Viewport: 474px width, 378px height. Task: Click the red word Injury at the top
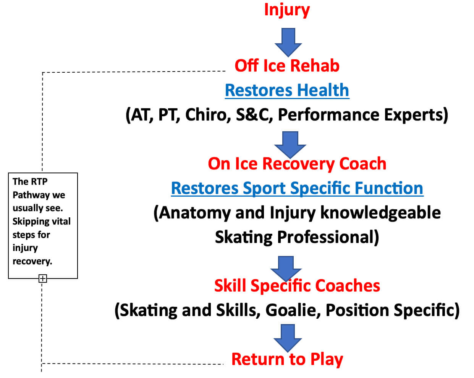click(x=287, y=10)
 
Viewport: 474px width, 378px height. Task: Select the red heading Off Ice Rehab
click(x=287, y=66)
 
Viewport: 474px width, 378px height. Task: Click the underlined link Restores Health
click(x=287, y=91)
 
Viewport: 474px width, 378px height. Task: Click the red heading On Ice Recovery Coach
click(x=297, y=164)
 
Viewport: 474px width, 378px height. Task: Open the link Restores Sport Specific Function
click(x=297, y=188)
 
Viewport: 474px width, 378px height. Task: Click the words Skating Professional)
click(x=297, y=237)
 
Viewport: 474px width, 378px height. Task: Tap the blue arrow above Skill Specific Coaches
click(x=286, y=268)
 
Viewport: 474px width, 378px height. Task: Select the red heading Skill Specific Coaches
click(x=297, y=286)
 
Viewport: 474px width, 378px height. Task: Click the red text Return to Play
click(x=287, y=359)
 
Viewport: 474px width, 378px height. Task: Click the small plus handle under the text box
click(x=43, y=279)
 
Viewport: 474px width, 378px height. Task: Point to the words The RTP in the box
click(x=30, y=181)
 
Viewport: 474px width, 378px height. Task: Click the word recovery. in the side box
click(x=32, y=261)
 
